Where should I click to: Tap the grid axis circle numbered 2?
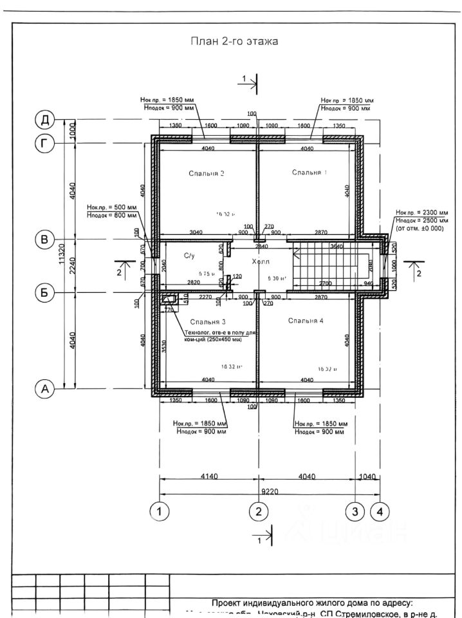coord(258,512)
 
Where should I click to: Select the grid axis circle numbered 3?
coord(355,512)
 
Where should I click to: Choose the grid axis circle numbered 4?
coord(380,512)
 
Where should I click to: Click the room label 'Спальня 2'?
coord(207,174)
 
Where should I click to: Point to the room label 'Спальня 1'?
coord(310,172)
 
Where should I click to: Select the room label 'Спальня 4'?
coord(306,321)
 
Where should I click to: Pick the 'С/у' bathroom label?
coord(189,256)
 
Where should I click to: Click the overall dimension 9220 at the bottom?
coord(270,491)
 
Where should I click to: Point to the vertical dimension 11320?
coord(62,254)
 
